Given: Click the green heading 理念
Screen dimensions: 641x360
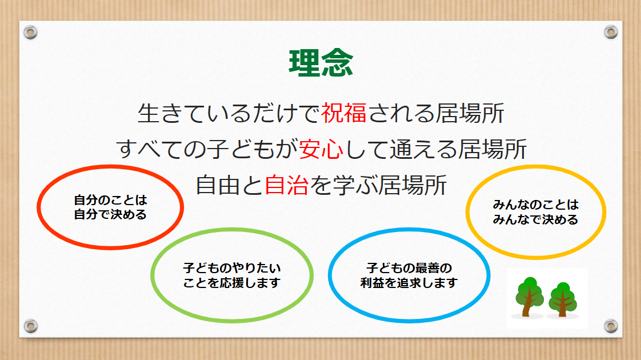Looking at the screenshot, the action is pyautogui.click(x=321, y=63).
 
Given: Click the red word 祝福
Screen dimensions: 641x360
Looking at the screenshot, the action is pyautogui.click(x=344, y=113).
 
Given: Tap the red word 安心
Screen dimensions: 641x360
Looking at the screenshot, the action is pyautogui.click(x=321, y=149).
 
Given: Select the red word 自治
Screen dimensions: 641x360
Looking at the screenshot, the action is pyautogui.click(x=287, y=185).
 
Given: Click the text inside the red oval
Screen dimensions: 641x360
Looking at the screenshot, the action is pyautogui.click(x=110, y=207).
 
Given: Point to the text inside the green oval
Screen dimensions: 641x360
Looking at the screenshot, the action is pyautogui.click(x=232, y=275).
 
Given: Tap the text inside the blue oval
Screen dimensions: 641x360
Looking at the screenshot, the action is pyautogui.click(x=409, y=275).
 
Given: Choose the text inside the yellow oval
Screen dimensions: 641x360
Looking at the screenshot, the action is pyautogui.click(x=535, y=212).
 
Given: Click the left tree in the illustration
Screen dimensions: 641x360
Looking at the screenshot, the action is pyautogui.click(x=530, y=297).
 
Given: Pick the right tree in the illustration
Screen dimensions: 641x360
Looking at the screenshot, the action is pyautogui.click(x=563, y=299).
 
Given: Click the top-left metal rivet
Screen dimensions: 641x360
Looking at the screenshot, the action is pyautogui.click(x=30, y=32).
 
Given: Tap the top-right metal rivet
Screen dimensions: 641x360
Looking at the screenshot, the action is pyautogui.click(x=611, y=32).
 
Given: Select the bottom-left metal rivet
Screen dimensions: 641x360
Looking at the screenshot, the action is pyautogui.click(x=30, y=326).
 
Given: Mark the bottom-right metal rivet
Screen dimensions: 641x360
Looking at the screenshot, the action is pyautogui.click(x=611, y=326).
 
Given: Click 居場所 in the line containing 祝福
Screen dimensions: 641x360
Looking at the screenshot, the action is pyautogui.click(x=470, y=113).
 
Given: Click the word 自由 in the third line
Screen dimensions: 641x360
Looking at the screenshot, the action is pyautogui.click(x=218, y=185).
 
